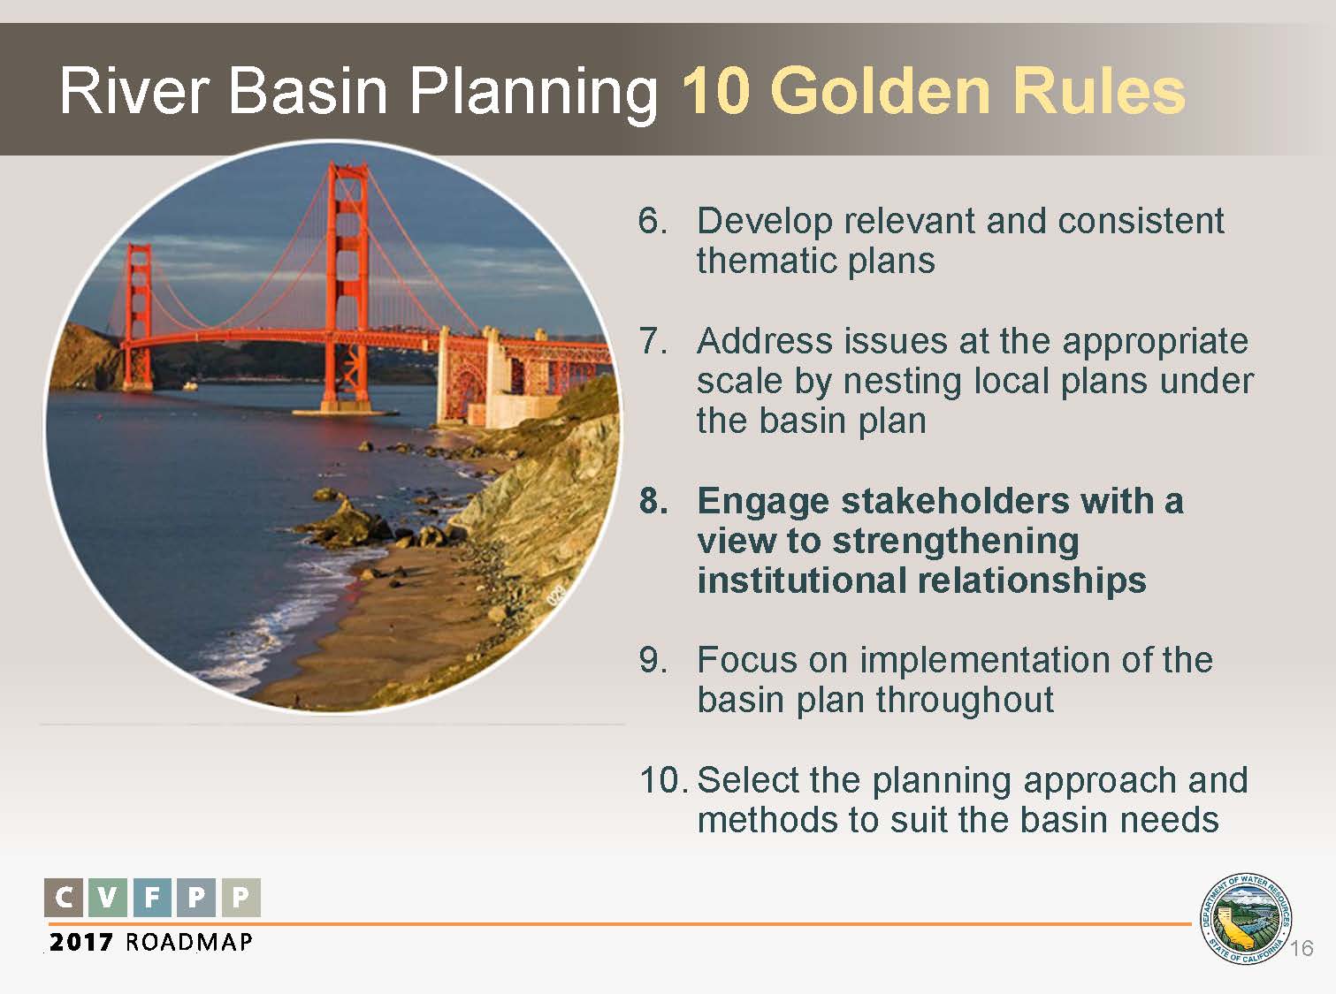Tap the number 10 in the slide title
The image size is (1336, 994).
[x=716, y=91]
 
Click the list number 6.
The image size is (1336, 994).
[x=653, y=220]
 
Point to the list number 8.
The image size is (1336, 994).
[x=653, y=501]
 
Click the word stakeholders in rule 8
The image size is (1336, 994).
[x=955, y=501]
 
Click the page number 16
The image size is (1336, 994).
[x=1302, y=948]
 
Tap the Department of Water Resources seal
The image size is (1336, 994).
[x=1245, y=919]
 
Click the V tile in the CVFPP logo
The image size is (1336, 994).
[x=108, y=898]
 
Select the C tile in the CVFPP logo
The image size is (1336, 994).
[x=64, y=898]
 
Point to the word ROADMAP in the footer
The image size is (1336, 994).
[x=189, y=942]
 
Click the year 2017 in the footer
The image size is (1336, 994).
[x=80, y=942]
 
